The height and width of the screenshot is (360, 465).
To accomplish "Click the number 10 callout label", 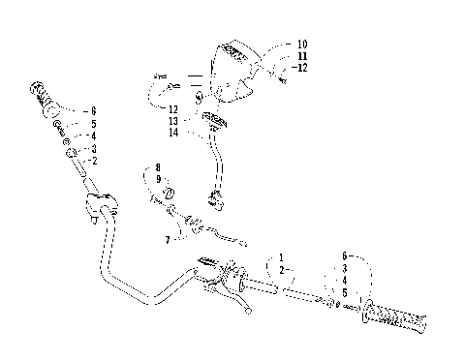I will tap(302, 45).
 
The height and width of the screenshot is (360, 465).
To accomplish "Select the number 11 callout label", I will tap(302, 56).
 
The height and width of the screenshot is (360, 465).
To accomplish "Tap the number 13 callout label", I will tap(173, 121).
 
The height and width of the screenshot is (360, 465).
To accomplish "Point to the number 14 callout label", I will tap(173, 133).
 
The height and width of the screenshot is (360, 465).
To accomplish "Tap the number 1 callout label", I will tap(281, 257).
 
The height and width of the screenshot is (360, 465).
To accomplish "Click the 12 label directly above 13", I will tap(173, 109).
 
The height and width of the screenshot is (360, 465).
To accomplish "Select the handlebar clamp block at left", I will tap(99, 204).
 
